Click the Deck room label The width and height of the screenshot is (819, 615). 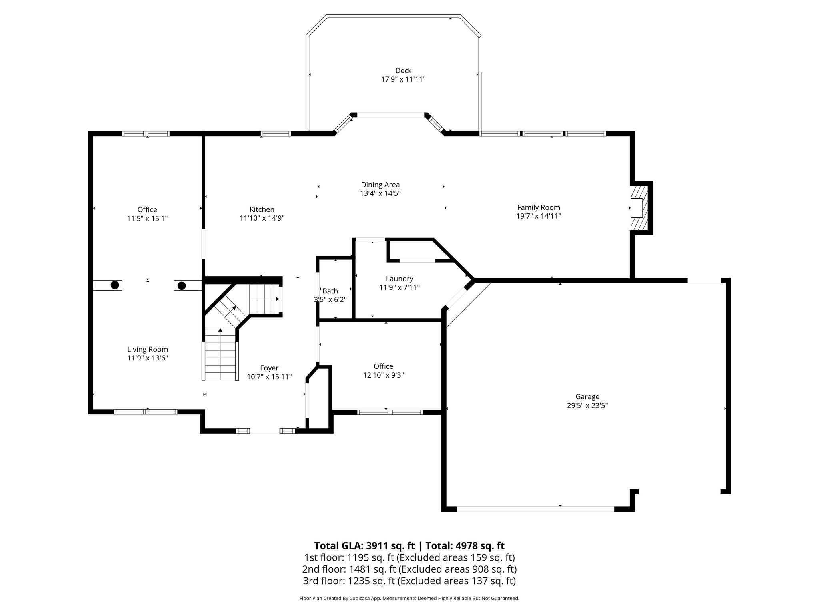pyautogui.click(x=403, y=71)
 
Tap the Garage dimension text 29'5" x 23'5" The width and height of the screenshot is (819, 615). pyautogui.click(x=587, y=405)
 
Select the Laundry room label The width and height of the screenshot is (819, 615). pyautogui.click(x=399, y=279)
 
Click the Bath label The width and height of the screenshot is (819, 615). pyautogui.click(x=330, y=291)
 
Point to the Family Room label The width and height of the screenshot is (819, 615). pyautogui.click(x=538, y=207)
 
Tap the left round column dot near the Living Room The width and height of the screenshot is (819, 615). pyautogui.click(x=115, y=285)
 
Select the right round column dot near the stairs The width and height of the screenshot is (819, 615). pyautogui.click(x=182, y=285)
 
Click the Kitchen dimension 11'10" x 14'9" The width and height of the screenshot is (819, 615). pyautogui.click(x=262, y=218)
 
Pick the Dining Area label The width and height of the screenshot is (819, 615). pyautogui.click(x=380, y=185)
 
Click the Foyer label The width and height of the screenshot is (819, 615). pyautogui.click(x=269, y=368)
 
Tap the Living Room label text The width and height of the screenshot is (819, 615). pyautogui.click(x=147, y=349)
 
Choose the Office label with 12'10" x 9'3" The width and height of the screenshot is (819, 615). pyautogui.click(x=383, y=366)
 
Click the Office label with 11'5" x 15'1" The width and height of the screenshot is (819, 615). pyautogui.click(x=147, y=209)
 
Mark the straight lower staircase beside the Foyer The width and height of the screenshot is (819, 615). pyautogui.click(x=220, y=354)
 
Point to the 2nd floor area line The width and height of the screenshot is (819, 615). pyautogui.click(x=409, y=569)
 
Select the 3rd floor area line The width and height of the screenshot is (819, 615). pyautogui.click(x=409, y=581)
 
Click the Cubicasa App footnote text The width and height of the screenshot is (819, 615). pyautogui.click(x=409, y=599)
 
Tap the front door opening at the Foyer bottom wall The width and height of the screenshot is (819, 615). pyautogui.click(x=264, y=431)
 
